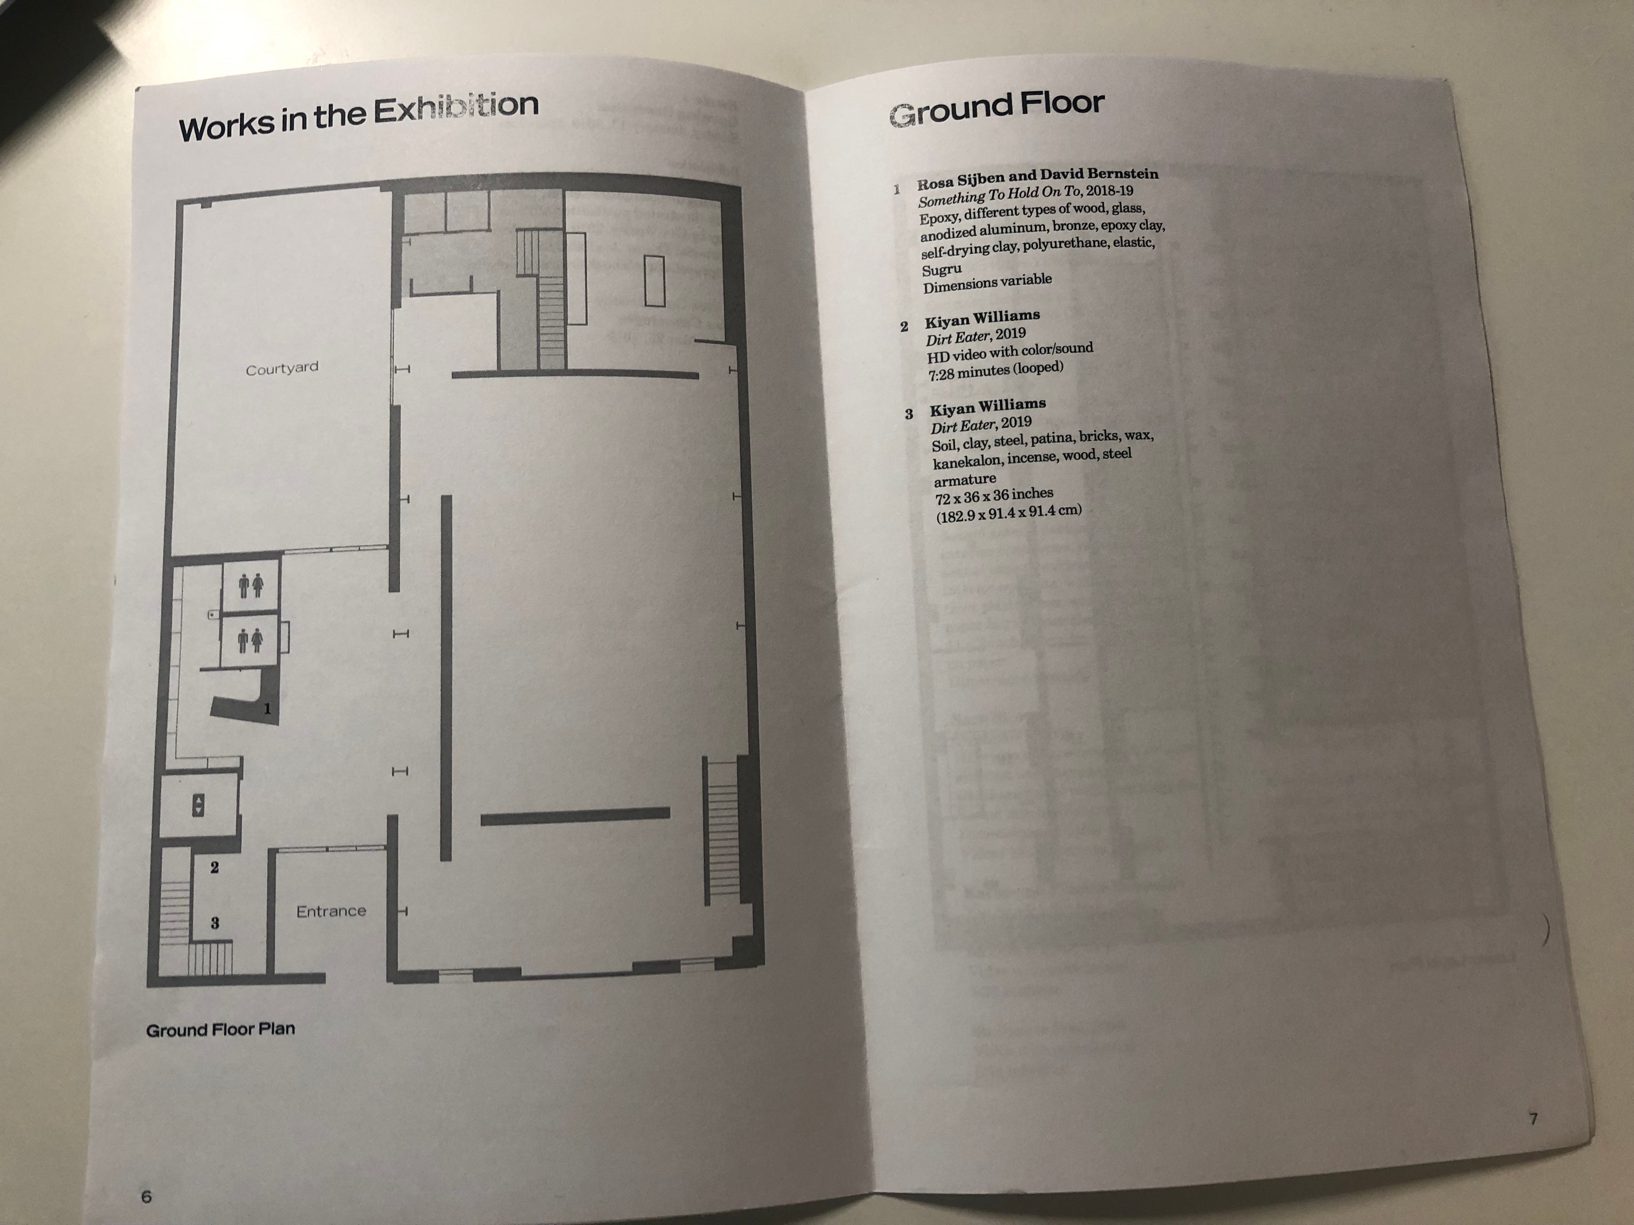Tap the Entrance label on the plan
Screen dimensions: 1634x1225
click(x=331, y=911)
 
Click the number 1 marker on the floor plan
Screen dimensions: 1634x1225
click(x=267, y=709)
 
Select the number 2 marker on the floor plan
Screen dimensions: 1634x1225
click(x=214, y=868)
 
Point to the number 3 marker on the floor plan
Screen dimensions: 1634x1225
click(x=215, y=923)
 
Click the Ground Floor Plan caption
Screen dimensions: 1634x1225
click(x=220, y=1029)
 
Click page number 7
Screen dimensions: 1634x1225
click(x=1533, y=1119)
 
